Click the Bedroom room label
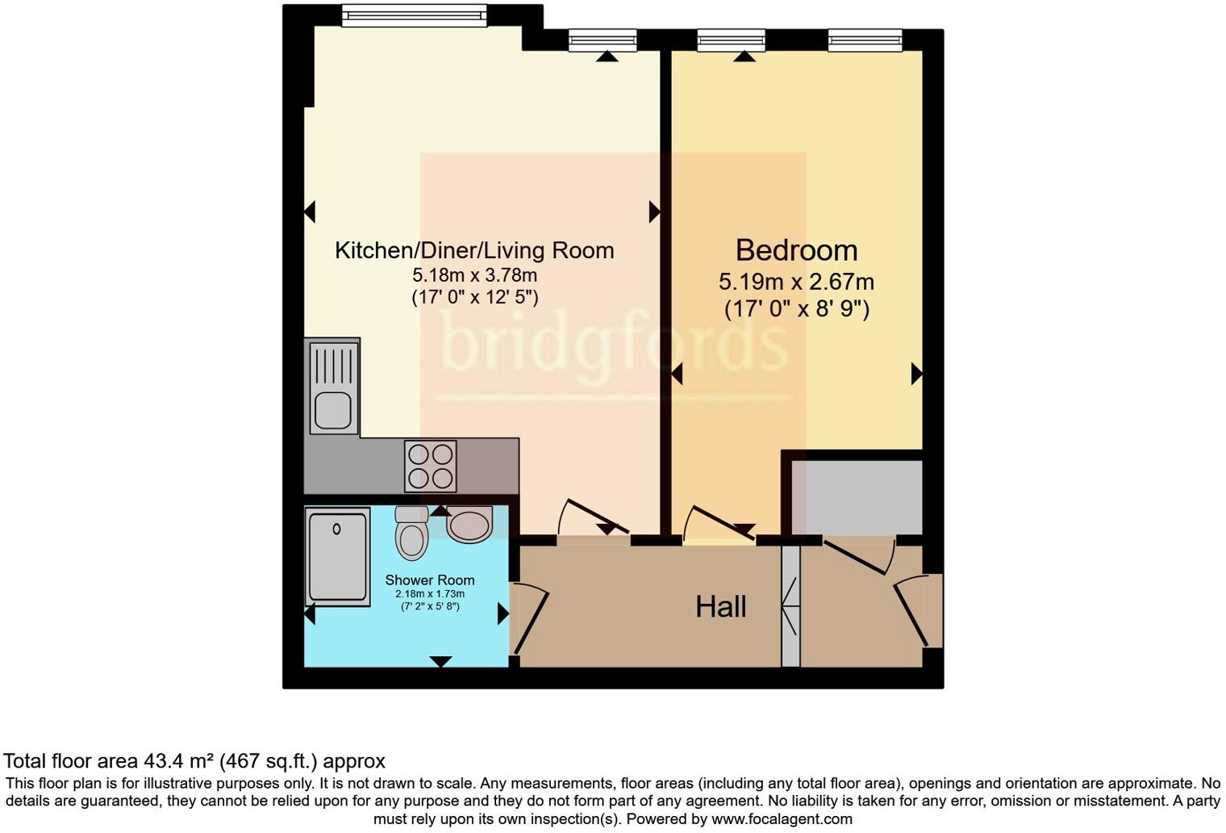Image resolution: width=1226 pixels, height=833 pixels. coord(796,250)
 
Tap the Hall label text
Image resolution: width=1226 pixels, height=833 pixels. coord(720,607)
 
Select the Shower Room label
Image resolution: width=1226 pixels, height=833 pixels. coord(429,580)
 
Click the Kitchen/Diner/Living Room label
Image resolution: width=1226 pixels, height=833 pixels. coord(474,250)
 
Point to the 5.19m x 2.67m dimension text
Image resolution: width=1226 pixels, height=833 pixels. coord(796,282)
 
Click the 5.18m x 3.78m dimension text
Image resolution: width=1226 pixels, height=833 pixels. coord(474,275)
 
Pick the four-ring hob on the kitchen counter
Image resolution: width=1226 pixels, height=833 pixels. coord(431,466)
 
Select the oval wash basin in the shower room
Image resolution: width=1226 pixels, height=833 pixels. coord(469,525)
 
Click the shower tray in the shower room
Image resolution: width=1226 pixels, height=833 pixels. coord(338,556)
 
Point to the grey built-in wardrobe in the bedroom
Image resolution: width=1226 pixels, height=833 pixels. coord(857,497)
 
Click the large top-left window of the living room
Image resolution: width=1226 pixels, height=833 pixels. coord(414,15)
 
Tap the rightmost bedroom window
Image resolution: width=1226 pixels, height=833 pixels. coord(864,40)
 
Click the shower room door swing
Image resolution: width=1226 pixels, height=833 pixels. coord(530,621)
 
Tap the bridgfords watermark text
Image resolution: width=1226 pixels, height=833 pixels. coord(615,343)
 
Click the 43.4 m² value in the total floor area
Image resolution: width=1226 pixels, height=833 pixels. coord(179,761)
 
